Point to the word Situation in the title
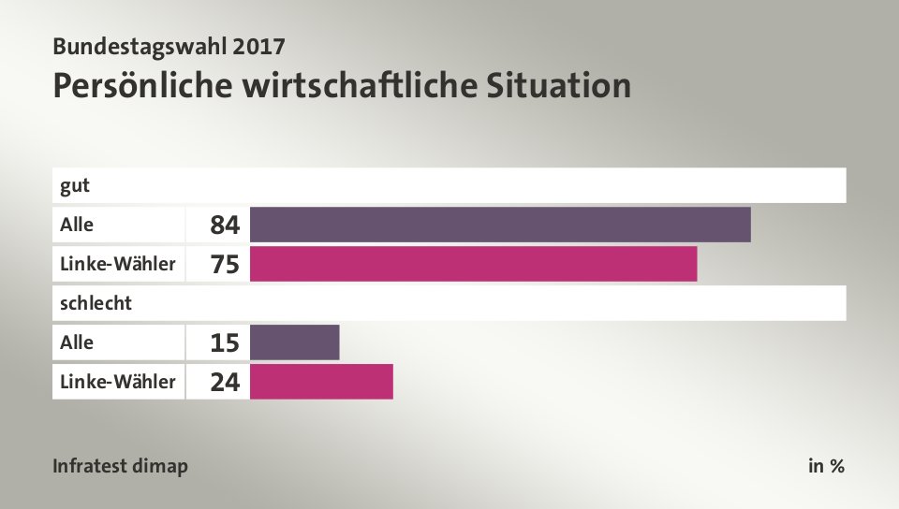[x=559, y=85]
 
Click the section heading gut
[x=75, y=185]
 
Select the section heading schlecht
[x=96, y=303]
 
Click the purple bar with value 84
[x=500, y=225]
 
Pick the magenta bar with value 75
[x=473, y=264]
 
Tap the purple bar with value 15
[x=294, y=342]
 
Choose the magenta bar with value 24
[x=321, y=382]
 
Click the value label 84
[x=225, y=225]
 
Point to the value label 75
[x=225, y=265]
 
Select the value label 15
[x=225, y=343]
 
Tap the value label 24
[x=225, y=383]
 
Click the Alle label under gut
[x=77, y=225]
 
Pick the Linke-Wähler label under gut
[x=117, y=264]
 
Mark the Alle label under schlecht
[x=77, y=342]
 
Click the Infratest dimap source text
[x=120, y=466]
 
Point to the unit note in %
[x=826, y=466]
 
